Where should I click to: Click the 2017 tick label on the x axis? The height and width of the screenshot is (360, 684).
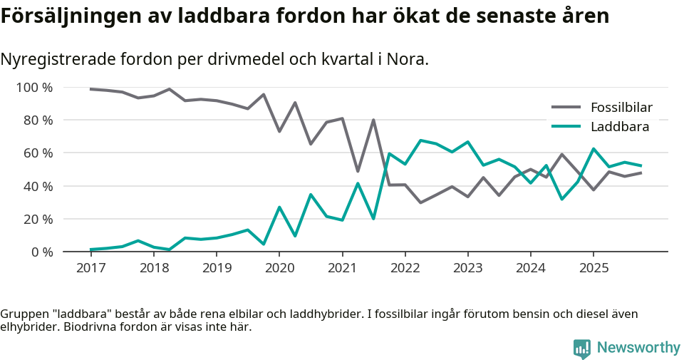coord(90,268)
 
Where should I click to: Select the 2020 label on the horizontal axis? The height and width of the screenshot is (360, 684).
coord(279,268)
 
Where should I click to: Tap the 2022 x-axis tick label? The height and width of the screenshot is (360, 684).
coord(405,268)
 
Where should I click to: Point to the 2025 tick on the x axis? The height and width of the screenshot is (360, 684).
coord(594,268)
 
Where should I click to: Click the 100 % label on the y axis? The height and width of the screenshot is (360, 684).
coord(34,88)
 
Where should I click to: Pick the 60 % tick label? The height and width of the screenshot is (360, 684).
coord(37,153)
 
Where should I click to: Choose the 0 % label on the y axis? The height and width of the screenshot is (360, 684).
coord(41,252)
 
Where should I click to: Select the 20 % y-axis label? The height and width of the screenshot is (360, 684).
coord(37,219)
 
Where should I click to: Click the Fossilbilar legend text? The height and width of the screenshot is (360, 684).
coord(621,108)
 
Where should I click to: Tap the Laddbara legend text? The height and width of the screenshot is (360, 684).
coord(619,127)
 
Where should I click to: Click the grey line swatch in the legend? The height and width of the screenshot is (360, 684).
coord(566,108)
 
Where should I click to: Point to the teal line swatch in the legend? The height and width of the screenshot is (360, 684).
coord(566,127)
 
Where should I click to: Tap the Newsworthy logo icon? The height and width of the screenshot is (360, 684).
coord(582,348)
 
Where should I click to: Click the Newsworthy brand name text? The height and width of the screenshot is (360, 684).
coord(638,348)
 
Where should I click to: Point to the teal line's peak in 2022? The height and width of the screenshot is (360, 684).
coord(420,140)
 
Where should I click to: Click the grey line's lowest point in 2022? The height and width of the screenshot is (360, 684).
coord(420,202)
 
